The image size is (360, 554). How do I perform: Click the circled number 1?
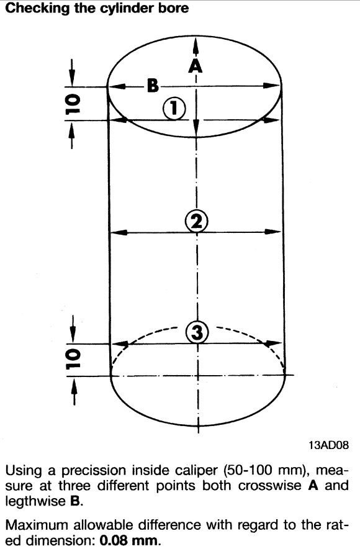pos(174,109)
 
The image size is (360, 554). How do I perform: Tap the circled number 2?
pos(197,222)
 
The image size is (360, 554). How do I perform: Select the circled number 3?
pos(197,332)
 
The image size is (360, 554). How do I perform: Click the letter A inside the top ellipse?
pos(195,65)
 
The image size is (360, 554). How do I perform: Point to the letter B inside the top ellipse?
pos(153,85)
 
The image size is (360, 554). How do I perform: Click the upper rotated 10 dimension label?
pos(73,104)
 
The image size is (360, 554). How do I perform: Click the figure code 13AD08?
pos(329,445)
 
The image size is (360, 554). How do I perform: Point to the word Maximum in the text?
pos(37,525)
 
